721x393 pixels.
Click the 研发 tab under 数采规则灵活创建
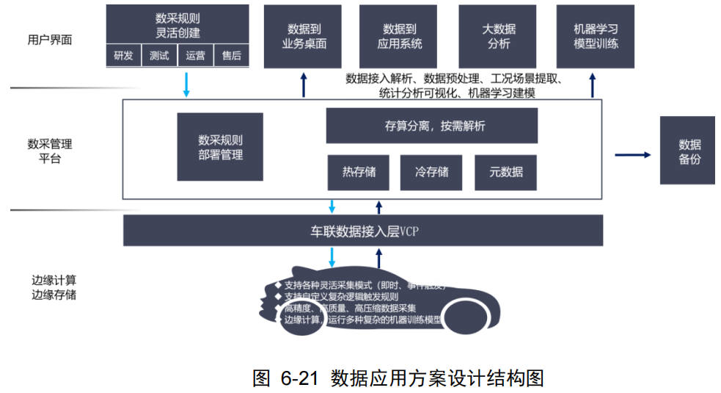click(123, 55)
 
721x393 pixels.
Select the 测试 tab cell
click(159, 55)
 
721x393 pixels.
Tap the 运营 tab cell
click(195, 55)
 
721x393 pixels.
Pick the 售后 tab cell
click(231, 55)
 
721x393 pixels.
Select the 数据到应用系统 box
click(398, 36)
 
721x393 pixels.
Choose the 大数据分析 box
click(499, 36)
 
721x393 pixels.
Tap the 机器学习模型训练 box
click(596, 36)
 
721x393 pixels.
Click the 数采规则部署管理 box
click(220, 147)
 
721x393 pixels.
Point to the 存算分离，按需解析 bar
click(431, 126)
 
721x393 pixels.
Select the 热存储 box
click(359, 173)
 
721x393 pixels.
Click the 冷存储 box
click(431, 173)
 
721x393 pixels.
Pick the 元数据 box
click(506, 173)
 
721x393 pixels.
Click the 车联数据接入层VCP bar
click(363, 231)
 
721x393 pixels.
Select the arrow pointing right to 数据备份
click(632, 154)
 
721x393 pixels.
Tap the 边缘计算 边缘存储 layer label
click(54, 287)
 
